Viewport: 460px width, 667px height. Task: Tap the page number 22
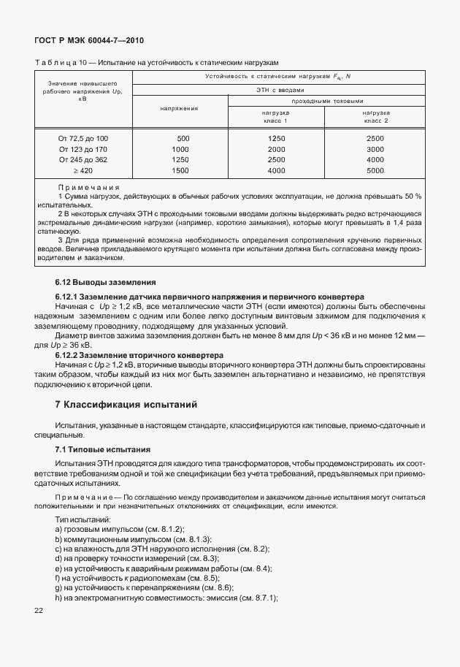[39, 611]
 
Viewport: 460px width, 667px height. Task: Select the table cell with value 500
[183, 138]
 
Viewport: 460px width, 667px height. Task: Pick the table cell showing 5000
[375, 170]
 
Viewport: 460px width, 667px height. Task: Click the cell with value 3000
[375, 149]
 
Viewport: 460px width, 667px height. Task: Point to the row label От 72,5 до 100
[83, 138]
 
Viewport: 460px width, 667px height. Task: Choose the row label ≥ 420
[83, 170]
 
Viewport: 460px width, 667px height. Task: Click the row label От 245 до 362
[83, 159]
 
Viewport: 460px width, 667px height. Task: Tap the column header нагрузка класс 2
[376, 117]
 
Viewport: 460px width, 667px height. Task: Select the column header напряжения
[180, 108]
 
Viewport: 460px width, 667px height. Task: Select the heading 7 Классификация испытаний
[126, 404]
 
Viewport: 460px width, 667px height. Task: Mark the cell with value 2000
[276, 149]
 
